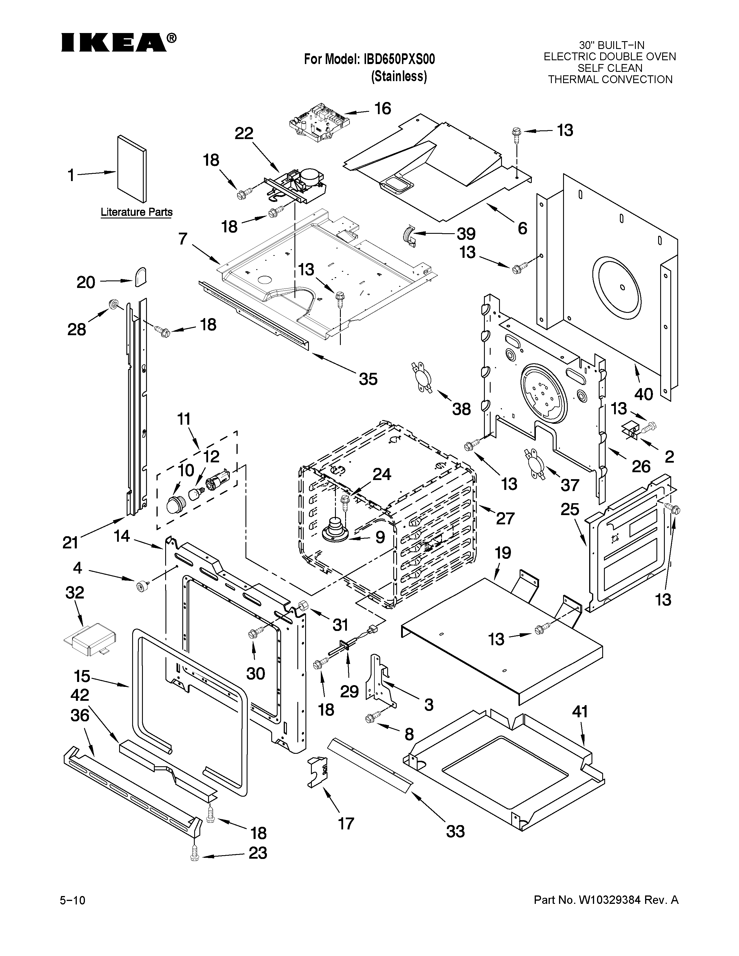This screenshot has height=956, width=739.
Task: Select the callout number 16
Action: (383, 109)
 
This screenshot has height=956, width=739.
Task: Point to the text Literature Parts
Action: (136, 212)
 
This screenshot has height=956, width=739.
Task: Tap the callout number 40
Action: (644, 394)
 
